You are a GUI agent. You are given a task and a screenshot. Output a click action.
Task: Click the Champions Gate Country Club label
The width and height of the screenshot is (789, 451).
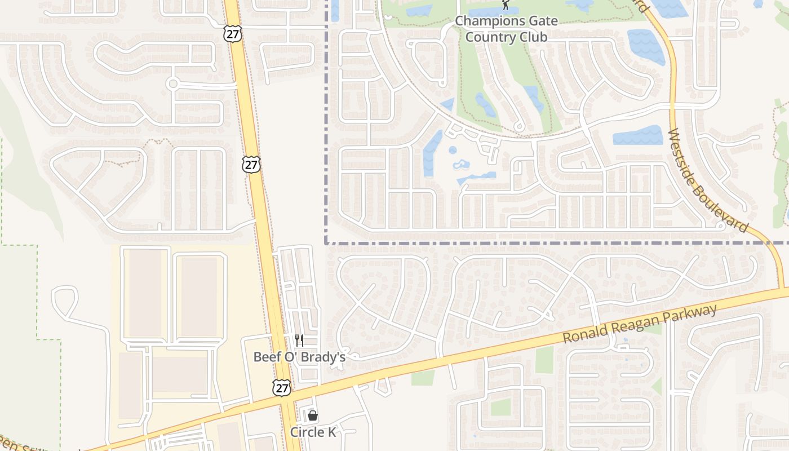click(506, 29)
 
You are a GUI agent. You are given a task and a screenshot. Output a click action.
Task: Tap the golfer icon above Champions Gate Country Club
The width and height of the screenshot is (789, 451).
click(506, 5)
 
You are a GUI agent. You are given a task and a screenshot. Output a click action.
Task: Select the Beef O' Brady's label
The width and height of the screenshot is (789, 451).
click(299, 357)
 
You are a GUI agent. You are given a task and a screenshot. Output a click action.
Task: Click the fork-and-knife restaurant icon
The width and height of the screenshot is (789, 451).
click(299, 340)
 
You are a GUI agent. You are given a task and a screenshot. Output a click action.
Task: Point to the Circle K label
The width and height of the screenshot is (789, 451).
click(313, 432)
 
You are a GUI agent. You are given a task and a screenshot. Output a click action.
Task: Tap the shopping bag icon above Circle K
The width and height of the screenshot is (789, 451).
click(313, 416)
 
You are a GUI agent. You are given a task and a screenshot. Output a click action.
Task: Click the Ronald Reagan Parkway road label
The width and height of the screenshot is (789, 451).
click(640, 324)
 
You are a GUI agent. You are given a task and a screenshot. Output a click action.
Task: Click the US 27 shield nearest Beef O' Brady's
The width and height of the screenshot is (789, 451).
click(282, 387)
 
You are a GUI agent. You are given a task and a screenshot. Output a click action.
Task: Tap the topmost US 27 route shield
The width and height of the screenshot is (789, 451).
click(232, 33)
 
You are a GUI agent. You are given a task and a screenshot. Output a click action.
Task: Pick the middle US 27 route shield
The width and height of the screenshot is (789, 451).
click(252, 165)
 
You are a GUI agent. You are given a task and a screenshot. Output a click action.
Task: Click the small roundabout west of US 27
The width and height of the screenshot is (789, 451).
click(173, 84)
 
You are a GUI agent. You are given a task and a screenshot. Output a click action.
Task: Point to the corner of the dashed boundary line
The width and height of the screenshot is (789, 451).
click(326, 243)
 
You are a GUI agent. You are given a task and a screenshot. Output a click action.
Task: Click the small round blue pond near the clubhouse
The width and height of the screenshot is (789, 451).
click(453, 150)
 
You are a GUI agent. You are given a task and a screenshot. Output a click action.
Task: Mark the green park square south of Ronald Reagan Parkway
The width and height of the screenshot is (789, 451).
click(500, 407)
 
